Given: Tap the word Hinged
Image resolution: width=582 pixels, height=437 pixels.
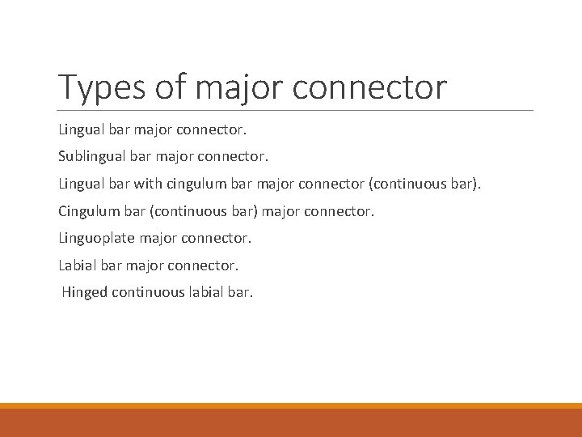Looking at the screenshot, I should point(85,292).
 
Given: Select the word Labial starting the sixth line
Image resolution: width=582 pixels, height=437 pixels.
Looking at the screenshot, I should point(78,265).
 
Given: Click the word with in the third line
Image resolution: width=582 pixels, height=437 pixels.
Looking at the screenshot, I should point(148,183).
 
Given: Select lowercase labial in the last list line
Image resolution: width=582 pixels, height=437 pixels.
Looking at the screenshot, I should point(207,292).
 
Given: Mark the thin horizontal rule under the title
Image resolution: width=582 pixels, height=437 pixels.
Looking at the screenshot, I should point(296,110).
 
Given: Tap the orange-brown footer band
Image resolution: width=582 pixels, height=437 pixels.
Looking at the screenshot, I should point(291,422).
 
